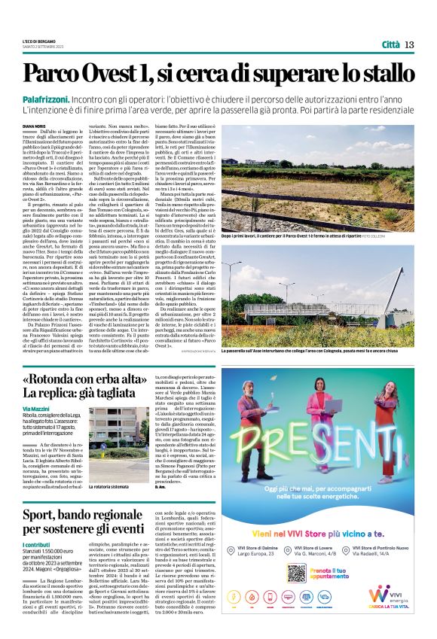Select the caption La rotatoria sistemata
click(110, 467)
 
